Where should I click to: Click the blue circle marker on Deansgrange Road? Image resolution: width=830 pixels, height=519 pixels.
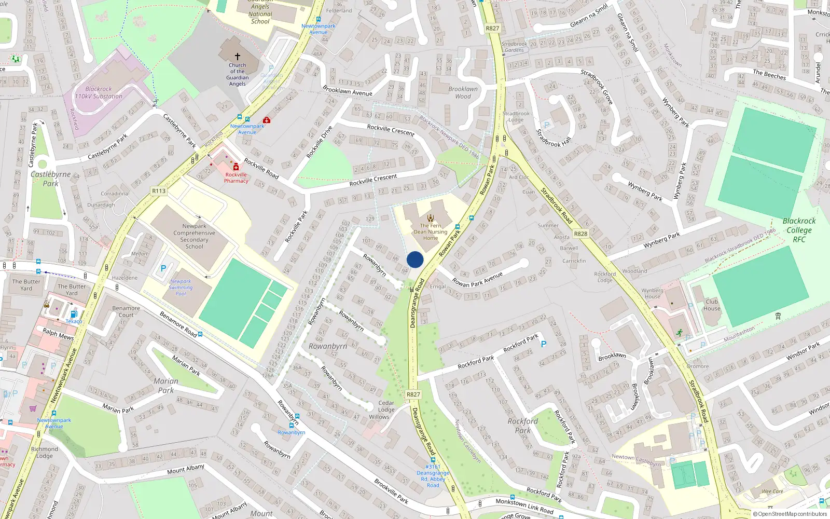coord(415,259)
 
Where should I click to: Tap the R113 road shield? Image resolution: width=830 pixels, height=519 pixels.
coord(159,191)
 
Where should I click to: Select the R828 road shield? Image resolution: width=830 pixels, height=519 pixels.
coord(580,234)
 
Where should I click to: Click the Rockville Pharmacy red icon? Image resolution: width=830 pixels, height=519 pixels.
coord(236,167)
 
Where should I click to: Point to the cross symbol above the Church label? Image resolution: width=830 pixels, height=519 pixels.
coord(238,56)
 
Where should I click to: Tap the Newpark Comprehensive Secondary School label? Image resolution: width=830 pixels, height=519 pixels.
coord(195,236)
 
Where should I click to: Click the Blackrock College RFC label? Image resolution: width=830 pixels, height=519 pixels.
coord(799,230)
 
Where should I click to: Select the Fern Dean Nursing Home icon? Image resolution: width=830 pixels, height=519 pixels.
coord(431,218)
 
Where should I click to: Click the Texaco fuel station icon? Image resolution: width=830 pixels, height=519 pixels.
coord(74,314)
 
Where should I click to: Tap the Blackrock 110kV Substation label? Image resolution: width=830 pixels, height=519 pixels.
coord(99,92)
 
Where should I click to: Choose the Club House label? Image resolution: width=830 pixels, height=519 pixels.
coord(712,305)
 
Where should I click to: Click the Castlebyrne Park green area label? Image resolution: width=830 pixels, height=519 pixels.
coord(50,179)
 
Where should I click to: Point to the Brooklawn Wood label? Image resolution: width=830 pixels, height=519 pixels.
coord(463,92)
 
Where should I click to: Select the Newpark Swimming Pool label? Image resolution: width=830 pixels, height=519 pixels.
coord(181,288)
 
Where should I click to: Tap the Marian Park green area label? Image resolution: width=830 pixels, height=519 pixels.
coord(166,386)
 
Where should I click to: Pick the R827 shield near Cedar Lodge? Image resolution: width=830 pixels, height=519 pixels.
coord(413,394)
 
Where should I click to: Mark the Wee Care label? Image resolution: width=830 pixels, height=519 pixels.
coord(772,491)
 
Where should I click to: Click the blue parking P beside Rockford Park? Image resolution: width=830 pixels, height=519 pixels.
coord(544,344)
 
